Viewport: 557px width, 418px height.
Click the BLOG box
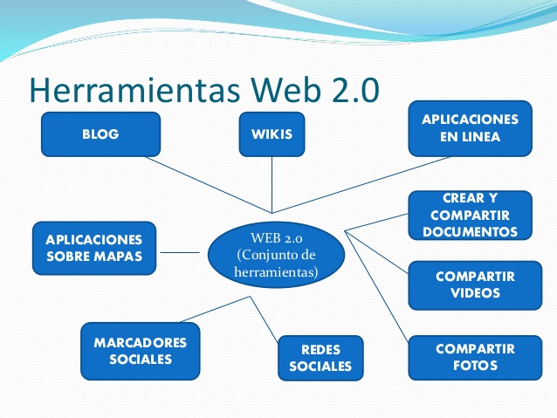coord(100,135)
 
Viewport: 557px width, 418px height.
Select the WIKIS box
coord(272,135)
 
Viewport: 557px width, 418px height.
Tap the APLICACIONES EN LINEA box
coord(470,128)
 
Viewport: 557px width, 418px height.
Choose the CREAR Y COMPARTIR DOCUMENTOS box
coord(470,216)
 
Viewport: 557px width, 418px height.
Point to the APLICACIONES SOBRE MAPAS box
coord(93,248)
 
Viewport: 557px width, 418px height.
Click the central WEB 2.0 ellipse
coord(276,254)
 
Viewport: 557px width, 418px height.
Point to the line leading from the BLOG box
coord(210,184)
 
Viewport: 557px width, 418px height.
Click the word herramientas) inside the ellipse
coord(276,272)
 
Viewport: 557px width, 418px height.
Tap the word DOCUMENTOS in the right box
coord(470,232)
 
